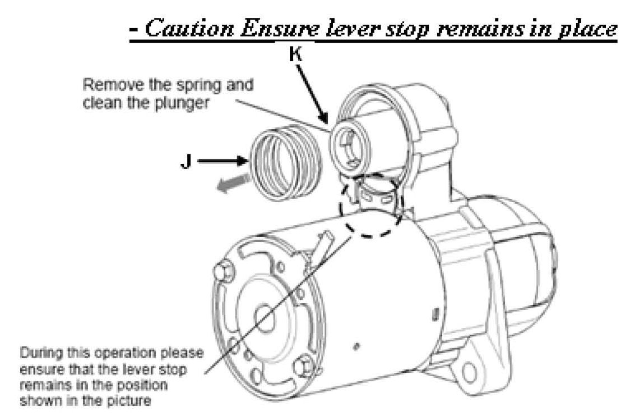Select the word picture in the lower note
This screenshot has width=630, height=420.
135,401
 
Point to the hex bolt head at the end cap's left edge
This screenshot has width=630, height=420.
221,272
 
